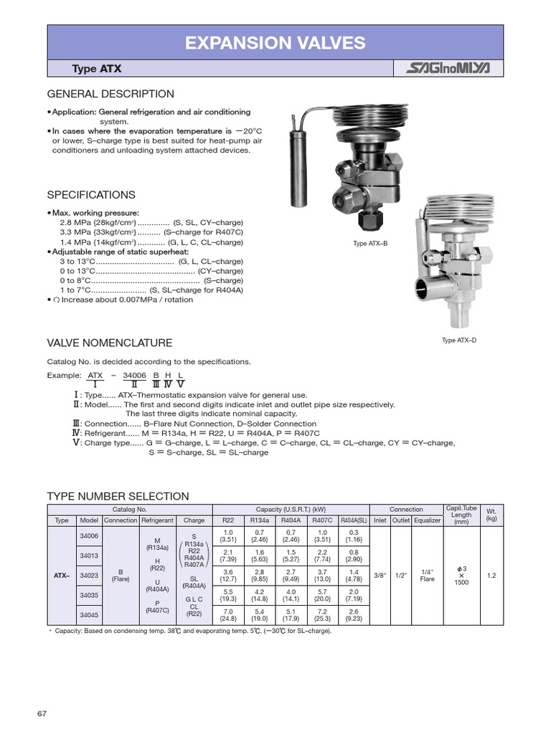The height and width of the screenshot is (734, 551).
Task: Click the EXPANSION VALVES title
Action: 275,43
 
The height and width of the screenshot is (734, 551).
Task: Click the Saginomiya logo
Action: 448,69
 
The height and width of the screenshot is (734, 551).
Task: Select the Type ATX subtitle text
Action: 97,69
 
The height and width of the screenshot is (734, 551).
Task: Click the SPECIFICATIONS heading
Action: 90,195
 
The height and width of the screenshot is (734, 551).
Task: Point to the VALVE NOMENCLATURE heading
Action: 109,343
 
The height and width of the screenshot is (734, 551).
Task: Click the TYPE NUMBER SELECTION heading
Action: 118,496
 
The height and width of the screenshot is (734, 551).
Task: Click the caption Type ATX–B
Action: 370,244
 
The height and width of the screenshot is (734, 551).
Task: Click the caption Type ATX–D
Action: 459,340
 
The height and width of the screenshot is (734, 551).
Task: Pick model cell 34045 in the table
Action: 89,614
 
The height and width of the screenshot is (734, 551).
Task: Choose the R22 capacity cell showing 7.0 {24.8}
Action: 228,614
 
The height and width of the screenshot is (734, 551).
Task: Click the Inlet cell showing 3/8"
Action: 380,575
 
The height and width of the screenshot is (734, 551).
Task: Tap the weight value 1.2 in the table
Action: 491,575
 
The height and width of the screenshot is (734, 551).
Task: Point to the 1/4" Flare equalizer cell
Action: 427,575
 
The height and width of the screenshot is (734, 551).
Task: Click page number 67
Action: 42,712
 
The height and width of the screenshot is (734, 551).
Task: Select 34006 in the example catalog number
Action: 134,376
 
